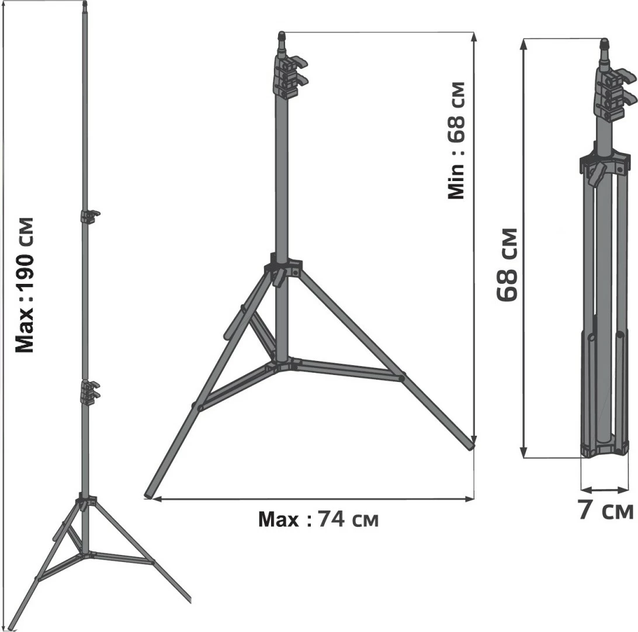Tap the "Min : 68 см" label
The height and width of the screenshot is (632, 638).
pos(456,140)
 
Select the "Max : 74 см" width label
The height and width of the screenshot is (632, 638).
pos(318,519)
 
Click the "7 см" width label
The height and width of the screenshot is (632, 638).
pos(605,510)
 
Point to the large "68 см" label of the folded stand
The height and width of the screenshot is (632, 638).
pos(507,265)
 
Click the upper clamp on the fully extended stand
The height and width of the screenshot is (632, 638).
pos(89,217)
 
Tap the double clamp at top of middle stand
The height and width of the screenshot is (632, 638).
pos(288,76)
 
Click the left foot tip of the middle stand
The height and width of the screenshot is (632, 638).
pos(148,496)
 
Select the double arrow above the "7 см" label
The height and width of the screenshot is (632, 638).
pos(603,489)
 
